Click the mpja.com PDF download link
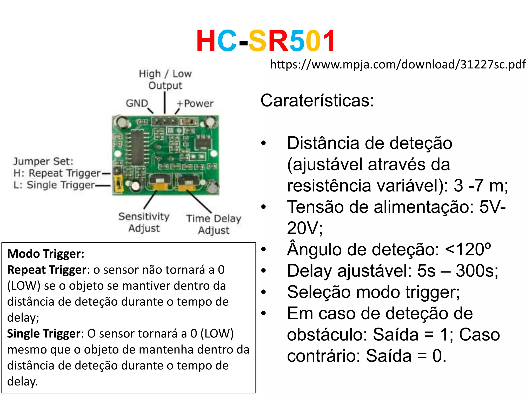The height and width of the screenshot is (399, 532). (x=398, y=64)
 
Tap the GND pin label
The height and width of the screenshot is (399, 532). (x=137, y=103)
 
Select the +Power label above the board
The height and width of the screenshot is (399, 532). (x=195, y=103)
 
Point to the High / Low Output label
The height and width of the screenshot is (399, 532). (x=165, y=79)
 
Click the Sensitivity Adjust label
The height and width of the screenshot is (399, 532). (x=144, y=222)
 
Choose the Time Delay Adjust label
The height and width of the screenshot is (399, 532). (x=214, y=224)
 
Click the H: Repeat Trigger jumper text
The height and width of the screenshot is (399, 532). (x=57, y=173)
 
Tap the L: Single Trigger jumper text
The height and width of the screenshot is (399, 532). (x=54, y=185)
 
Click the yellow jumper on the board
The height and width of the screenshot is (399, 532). (x=119, y=184)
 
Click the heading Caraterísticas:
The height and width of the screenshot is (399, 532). (x=317, y=101)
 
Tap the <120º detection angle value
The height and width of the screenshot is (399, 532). (x=468, y=249)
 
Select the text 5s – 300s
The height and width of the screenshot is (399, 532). (x=457, y=271)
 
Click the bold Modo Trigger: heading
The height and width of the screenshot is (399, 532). (x=46, y=254)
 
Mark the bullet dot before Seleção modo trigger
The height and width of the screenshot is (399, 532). (x=264, y=292)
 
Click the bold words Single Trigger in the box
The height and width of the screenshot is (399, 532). (x=44, y=334)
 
